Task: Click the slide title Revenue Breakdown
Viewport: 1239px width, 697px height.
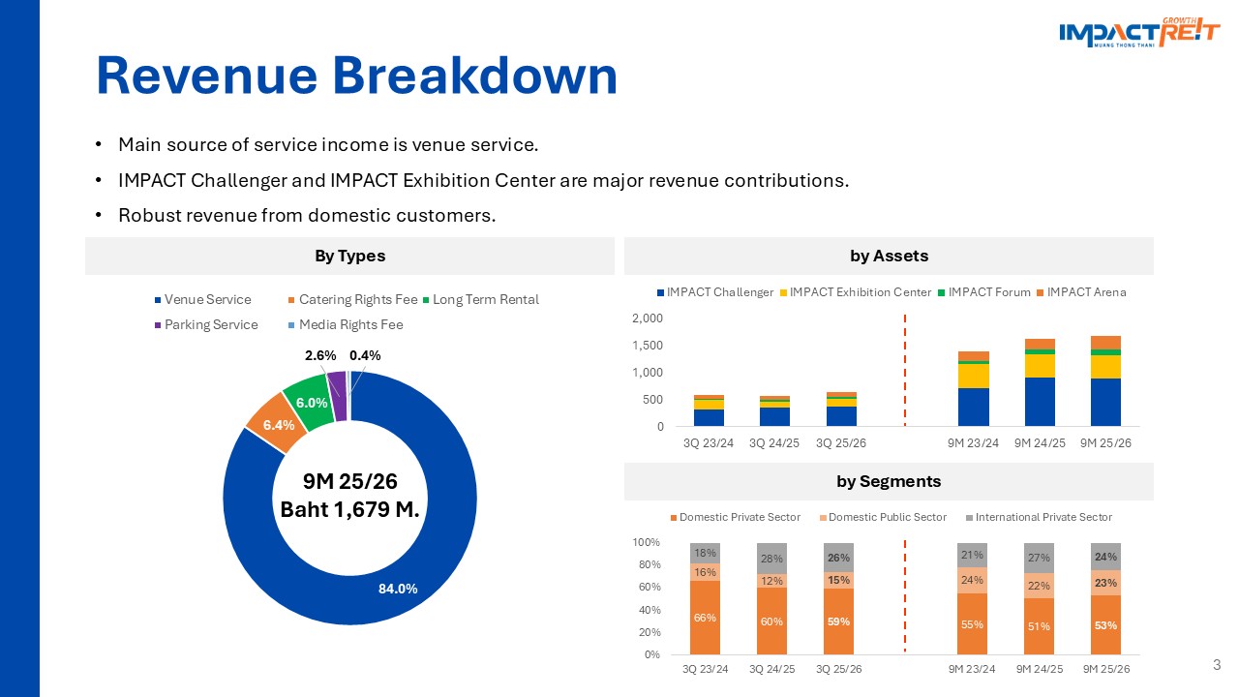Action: [356, 76]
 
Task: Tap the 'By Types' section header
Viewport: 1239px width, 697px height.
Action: [349, 257]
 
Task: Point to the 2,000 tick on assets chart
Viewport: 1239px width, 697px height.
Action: [649, 318]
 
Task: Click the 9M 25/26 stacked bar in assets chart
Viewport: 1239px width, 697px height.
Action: [1105, 381]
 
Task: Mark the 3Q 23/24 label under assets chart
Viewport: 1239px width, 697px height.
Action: [708, 442]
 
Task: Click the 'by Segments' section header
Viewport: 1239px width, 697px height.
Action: [889, 481]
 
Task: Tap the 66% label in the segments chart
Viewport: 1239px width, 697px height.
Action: [705, 618]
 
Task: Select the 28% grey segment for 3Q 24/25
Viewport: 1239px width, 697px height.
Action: [771, 559]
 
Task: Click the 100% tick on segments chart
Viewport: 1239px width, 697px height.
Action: [647, 542]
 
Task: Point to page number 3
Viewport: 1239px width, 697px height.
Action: [1217, 665]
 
